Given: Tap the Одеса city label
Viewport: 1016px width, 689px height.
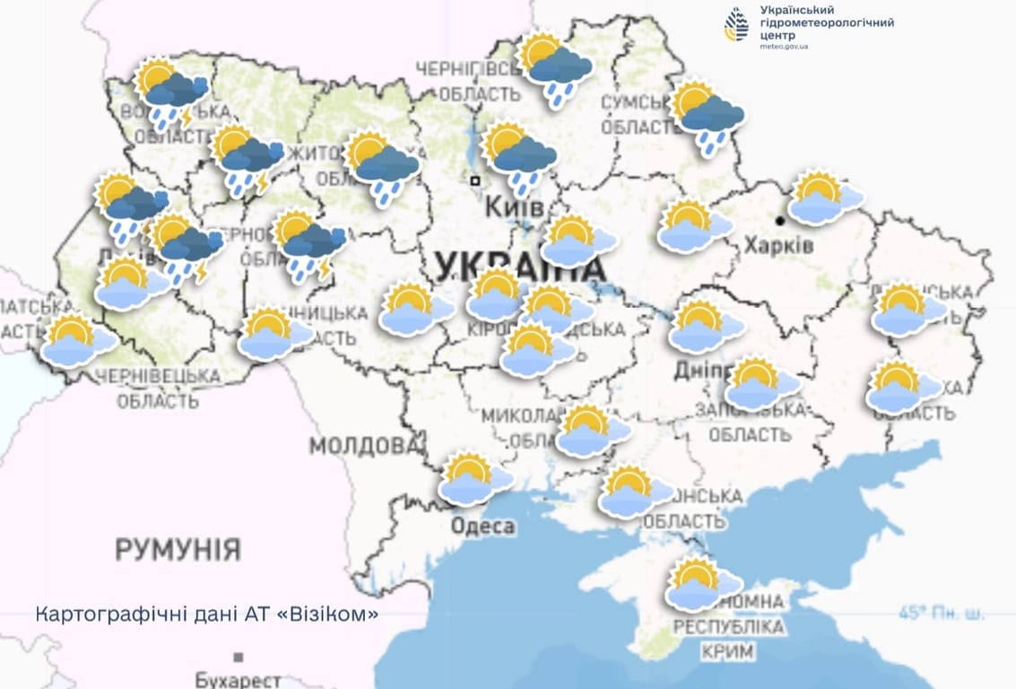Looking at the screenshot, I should tap(482, 526).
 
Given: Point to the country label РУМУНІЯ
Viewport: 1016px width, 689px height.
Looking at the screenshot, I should tap(178, 549).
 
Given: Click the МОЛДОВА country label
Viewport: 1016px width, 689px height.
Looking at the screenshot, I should tap(364, 446).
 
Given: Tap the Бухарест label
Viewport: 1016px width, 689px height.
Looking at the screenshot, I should tap(238, 680).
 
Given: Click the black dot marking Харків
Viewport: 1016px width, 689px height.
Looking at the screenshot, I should tap(781, 220).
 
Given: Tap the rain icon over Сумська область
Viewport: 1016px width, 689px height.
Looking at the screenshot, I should tap(707, 117).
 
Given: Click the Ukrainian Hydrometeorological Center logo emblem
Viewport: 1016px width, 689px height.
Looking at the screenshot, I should tap(736, 24).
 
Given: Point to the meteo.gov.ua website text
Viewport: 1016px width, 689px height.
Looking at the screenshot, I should tap(784, 46).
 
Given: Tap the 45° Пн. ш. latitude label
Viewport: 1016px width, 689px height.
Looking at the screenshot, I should tap(941, 615).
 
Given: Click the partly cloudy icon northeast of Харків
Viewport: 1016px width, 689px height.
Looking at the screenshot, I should tap(823, 197).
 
